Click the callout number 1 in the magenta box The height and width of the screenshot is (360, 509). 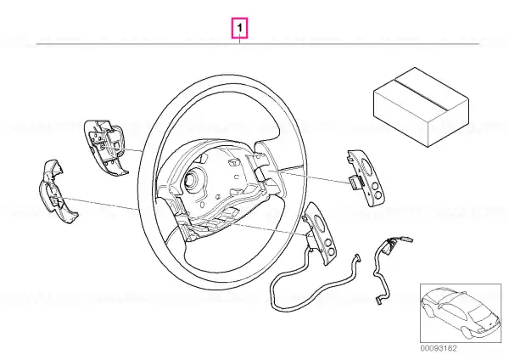coord(239,28)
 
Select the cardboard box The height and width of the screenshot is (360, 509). coord(421,107)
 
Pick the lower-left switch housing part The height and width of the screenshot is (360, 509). coord(57,192)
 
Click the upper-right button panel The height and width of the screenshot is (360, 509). coord(366,177)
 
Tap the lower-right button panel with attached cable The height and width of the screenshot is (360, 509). coord(320,233)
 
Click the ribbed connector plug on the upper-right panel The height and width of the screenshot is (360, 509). coord(355,181)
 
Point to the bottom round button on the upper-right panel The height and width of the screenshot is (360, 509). coord(378,195)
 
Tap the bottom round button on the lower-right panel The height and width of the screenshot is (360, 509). coord(332,252)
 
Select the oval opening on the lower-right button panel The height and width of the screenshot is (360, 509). coord(320,222)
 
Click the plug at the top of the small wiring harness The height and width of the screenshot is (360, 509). coord(408,241)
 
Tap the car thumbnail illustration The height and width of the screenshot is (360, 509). coord(461,313)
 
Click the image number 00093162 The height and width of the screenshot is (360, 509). coord(439,348)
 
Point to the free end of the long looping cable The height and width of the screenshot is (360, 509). coord(357,256)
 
